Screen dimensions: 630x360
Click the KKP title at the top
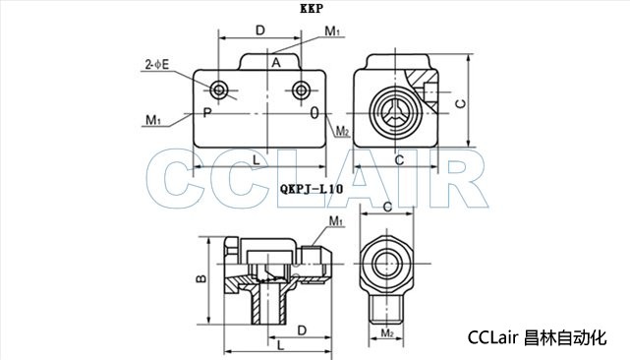pos(311,9)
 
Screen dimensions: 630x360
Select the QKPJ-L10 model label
pos(312,189)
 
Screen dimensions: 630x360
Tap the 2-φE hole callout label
pos(157,64)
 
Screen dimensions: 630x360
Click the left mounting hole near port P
pos(219,90)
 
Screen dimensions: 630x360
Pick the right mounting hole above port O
pos(301,90)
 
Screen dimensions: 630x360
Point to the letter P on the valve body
pos(207,113)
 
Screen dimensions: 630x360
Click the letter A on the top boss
pos(275,63)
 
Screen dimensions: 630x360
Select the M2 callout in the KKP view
pos(342,131)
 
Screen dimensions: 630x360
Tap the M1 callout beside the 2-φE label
pos(152,120)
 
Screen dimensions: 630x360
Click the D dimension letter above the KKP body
pos(260,30)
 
